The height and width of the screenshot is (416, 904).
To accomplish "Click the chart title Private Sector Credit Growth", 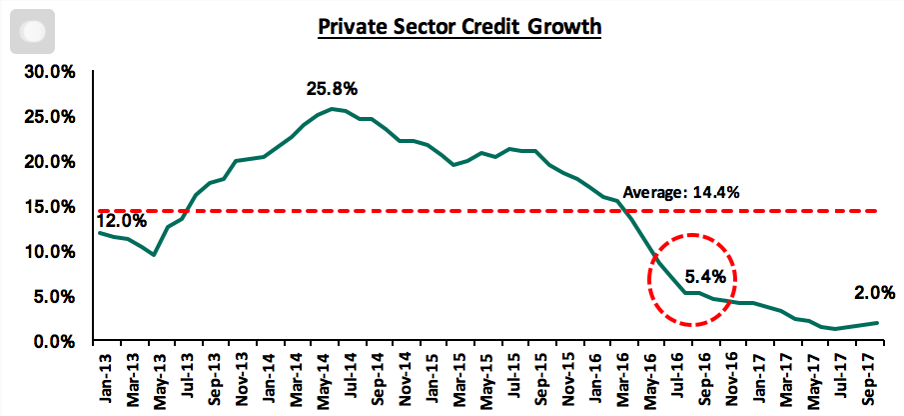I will point(459,26).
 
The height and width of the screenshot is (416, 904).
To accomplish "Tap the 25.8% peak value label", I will point(332,90).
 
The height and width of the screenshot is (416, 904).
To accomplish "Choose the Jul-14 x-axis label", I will point(347,377).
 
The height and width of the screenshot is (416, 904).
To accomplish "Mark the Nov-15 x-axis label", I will point(565,377).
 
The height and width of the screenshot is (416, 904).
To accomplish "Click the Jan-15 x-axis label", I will point(429,377).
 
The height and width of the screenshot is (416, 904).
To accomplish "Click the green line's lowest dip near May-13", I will point(154,255).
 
